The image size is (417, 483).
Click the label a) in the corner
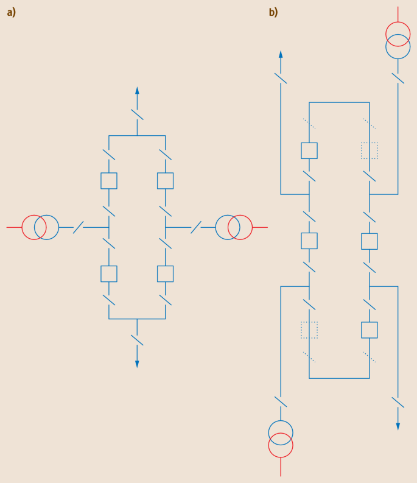11,12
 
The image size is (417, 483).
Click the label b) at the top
273,12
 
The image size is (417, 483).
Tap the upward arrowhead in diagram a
137,90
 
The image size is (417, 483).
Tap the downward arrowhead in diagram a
137,364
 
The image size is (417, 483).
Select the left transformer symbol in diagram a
40,227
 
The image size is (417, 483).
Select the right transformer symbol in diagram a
234,227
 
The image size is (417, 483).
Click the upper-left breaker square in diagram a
109,181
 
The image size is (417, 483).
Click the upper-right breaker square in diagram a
165,181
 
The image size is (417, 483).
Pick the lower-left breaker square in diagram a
109,273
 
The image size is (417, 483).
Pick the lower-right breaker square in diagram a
165,273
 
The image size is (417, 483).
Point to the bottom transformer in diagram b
281,439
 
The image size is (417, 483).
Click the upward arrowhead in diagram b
281,54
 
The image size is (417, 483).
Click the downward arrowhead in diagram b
398,426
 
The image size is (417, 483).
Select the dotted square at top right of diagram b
370,150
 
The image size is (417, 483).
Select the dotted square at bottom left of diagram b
309,330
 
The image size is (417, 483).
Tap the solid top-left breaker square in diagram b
309,150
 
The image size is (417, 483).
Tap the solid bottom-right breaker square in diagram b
370,330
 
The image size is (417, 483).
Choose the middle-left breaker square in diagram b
309,241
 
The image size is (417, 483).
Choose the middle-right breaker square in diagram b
370,241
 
